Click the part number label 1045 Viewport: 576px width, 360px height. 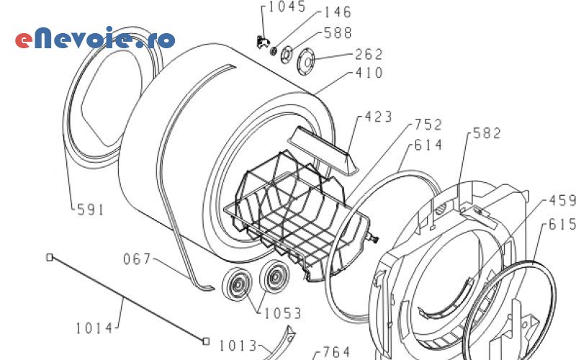287,7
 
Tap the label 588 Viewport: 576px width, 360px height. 338,33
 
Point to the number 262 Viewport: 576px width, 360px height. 369,55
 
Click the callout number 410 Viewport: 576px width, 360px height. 369,73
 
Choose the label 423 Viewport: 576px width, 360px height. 378,117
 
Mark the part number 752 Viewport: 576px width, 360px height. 428,125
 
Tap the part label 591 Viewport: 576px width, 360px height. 91,210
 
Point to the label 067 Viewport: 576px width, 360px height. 137,258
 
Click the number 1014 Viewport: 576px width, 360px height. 94,328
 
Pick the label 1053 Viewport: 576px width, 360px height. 282,313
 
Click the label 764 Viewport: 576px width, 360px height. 336,352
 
